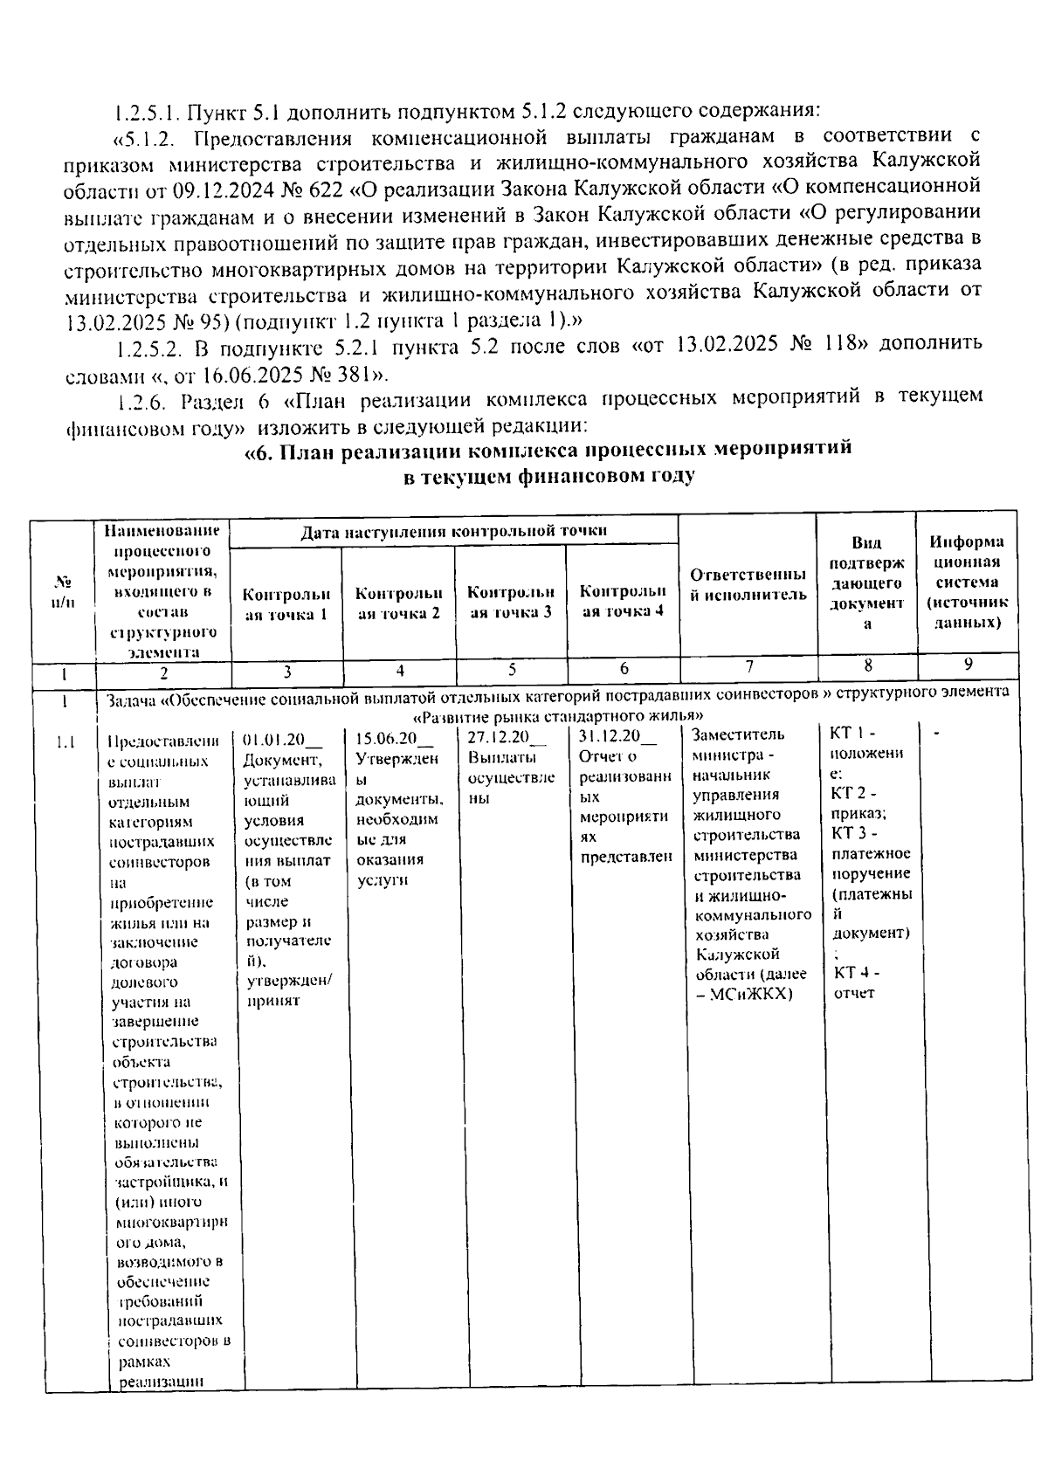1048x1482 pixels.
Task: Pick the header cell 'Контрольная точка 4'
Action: click(623, 601)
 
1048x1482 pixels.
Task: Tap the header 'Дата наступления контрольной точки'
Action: click(454, 530)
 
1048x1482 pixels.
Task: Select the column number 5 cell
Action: click(512, 670)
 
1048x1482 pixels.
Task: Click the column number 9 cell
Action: click(968, 665)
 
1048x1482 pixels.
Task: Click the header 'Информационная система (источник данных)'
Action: click(967, 582)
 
